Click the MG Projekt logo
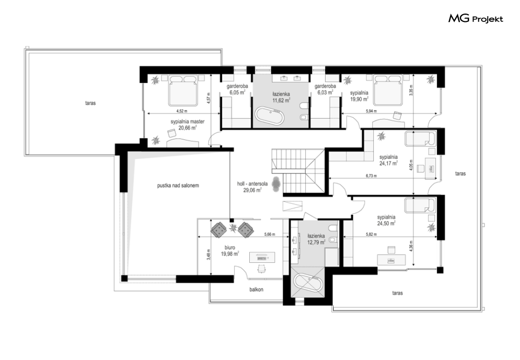pos(476,18)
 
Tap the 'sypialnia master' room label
pos(188,121)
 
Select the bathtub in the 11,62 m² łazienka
pos(270,117)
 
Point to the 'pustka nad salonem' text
pos(178,185)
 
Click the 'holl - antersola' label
pos(252,183)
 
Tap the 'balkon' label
pos(257,289)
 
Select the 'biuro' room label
pos(229,247)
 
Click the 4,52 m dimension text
pos(181,111)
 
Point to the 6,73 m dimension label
pos(371,176)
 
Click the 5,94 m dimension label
pos(371,111)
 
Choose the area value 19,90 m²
pos(359,99)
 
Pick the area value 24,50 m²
pos(386,224)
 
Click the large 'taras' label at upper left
pos(90,103)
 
